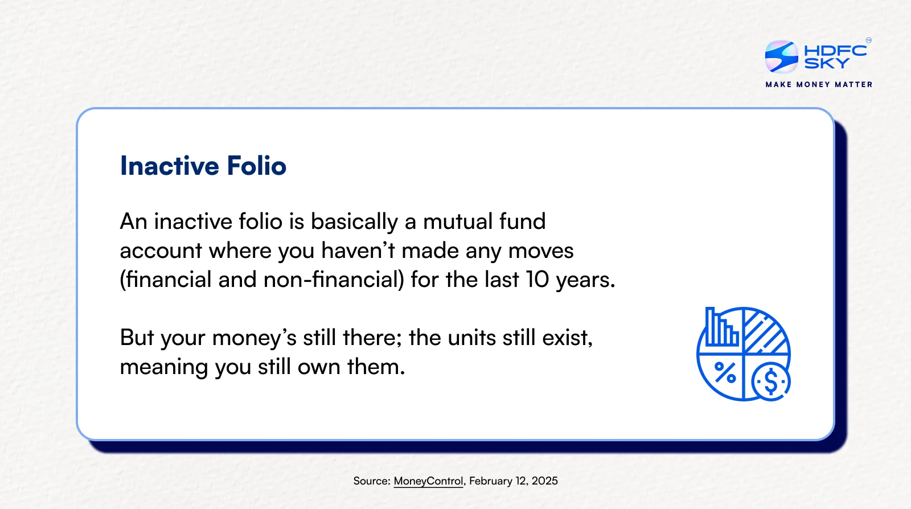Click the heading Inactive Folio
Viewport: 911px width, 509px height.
point(203,166)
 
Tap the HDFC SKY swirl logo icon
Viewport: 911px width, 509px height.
point(781,56)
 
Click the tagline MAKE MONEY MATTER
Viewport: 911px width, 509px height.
point(819,85)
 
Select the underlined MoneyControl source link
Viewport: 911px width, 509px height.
point(428,481)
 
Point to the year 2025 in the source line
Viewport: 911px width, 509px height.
point(544,481)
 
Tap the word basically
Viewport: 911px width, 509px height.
point(354,222)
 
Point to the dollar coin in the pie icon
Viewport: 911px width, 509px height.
point(771,381)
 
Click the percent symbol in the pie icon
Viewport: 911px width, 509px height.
point(725,372)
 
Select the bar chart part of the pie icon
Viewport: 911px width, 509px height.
point(721,327)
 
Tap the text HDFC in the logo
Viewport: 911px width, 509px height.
point(835,51)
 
